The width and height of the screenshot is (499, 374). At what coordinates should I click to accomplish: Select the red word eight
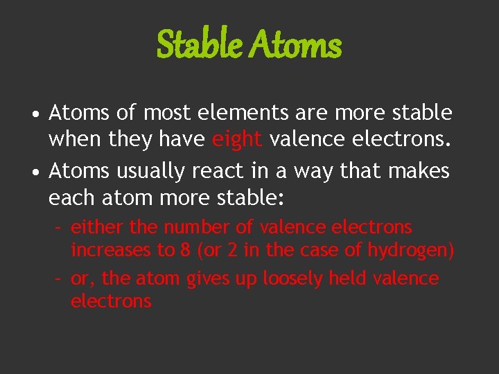237,141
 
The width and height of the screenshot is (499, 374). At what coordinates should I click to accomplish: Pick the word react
214,170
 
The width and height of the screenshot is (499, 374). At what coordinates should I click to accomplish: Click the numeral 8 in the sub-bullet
185,250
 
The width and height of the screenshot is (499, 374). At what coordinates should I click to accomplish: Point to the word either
92,227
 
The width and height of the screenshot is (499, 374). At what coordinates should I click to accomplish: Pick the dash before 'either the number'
60,227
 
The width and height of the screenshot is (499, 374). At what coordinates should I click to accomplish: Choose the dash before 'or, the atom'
60,278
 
